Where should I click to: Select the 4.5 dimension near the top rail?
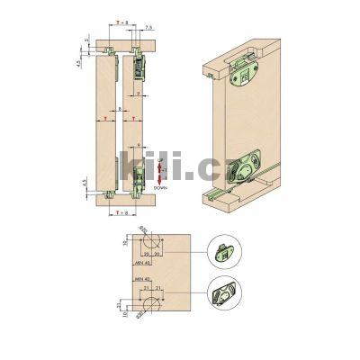coord(79,62)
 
